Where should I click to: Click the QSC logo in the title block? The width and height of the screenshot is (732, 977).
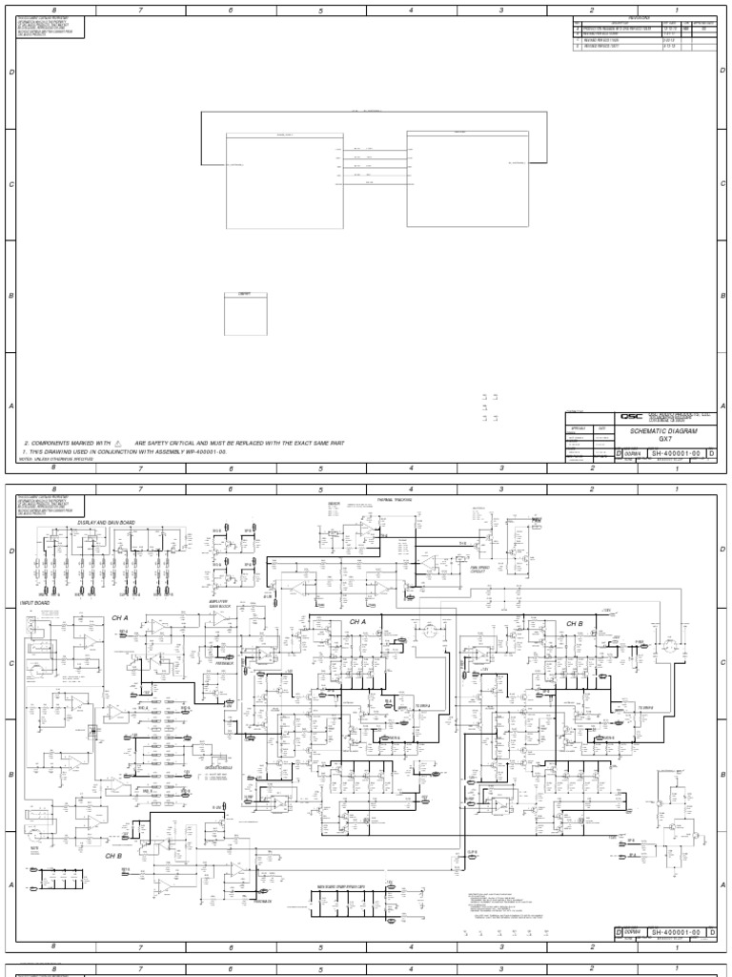click(631, 416)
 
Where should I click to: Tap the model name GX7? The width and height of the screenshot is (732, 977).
click(666, 440)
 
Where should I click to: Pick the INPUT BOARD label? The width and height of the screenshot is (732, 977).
click(33, 603)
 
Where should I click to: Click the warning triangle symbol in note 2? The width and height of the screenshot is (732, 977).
click(118, 444)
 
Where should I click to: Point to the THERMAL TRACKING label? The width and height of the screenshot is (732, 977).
click(393, 499)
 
